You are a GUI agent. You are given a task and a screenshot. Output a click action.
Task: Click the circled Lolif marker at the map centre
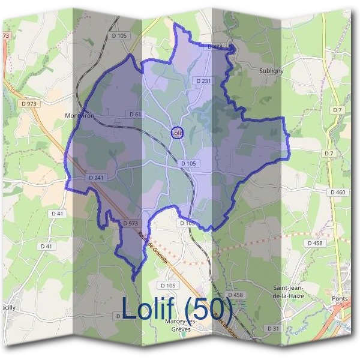[x=176, y=133]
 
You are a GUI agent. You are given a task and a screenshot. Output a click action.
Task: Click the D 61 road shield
[x=134, y=114]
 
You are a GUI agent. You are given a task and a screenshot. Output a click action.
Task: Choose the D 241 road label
[x=96, y=178]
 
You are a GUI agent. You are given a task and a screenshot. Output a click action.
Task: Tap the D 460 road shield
[x=338, y=192]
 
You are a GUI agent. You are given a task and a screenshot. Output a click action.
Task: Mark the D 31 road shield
[x=272, y=328]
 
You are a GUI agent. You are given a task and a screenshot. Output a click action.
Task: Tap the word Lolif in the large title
[x=149, y=308]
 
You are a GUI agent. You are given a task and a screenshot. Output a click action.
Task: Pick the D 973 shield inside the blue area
[x=130, y=223]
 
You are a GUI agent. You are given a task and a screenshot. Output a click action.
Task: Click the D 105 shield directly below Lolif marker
[x=188, y=163]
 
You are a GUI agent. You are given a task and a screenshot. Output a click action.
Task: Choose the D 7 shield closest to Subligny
[x=337, y=110]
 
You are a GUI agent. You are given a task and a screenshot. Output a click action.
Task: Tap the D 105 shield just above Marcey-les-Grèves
[x=167, y=285]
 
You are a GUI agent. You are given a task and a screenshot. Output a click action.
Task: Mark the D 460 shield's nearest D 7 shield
[x=329, y=154]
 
